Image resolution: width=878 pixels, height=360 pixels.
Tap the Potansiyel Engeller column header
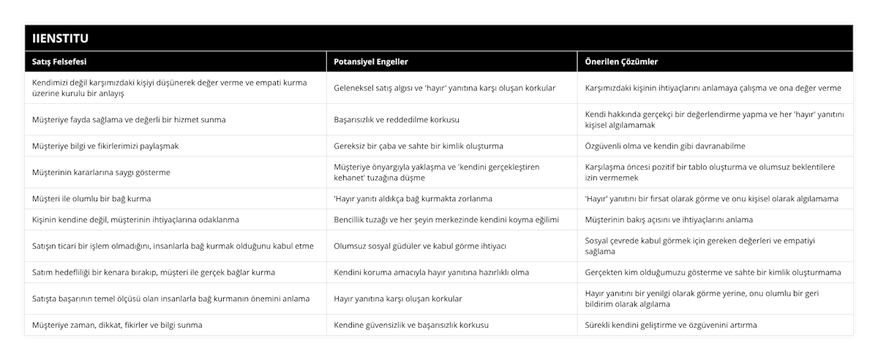[371, 62]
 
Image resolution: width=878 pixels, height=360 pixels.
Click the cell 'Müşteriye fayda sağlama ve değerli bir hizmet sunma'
[129, 119]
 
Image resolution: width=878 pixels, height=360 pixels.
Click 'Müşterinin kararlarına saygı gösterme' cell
[106, 172]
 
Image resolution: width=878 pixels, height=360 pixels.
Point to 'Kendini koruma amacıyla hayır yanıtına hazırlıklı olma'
[431, 272]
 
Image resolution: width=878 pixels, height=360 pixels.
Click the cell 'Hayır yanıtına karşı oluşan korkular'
[398, 299]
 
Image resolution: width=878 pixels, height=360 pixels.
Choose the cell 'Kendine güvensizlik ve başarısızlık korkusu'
[411, 325]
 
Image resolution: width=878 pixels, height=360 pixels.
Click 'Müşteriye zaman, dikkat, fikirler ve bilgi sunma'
[118, 325]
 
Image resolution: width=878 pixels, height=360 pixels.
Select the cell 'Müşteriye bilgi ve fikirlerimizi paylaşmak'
[105, 146]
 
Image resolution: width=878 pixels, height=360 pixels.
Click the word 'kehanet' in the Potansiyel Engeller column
[350, 177]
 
